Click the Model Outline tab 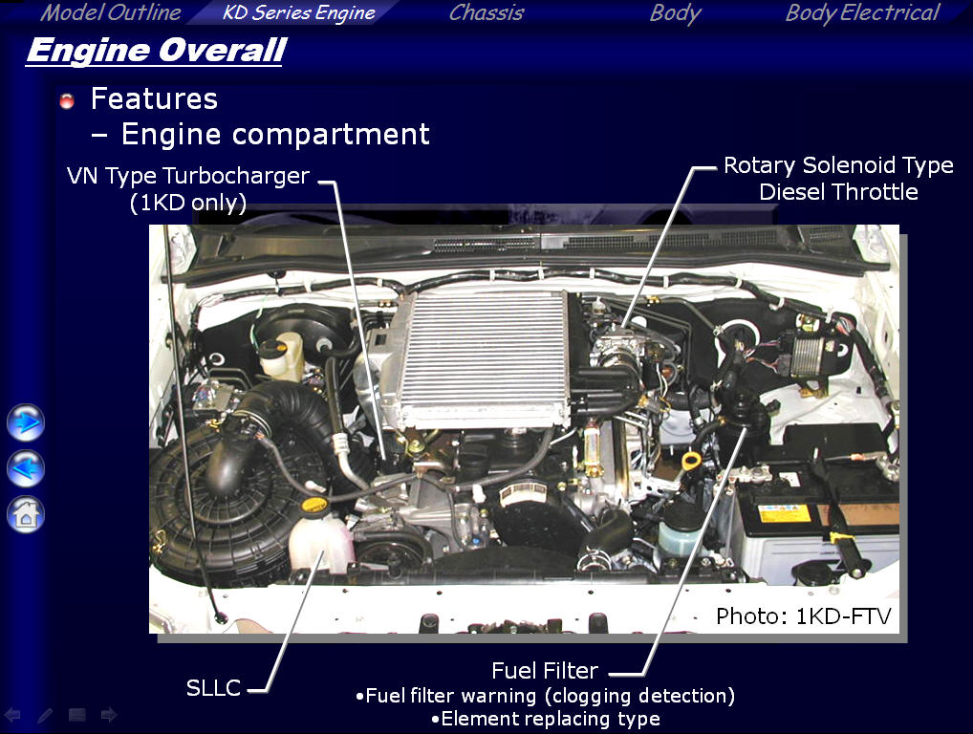(111, 12)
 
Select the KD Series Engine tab (298, 13)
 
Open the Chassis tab (486, 12)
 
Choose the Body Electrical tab (862, 13)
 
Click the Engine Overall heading (157, 51)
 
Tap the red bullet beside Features (67, 100)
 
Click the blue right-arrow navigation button (26, 422)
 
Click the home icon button (26, 514)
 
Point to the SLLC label (213, 687)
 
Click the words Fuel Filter (545, 671)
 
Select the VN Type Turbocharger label (188, 176)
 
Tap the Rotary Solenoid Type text (838, 165)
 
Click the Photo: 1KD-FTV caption (804, 616)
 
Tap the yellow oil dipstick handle (691, 461)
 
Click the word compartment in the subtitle (331, 135)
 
